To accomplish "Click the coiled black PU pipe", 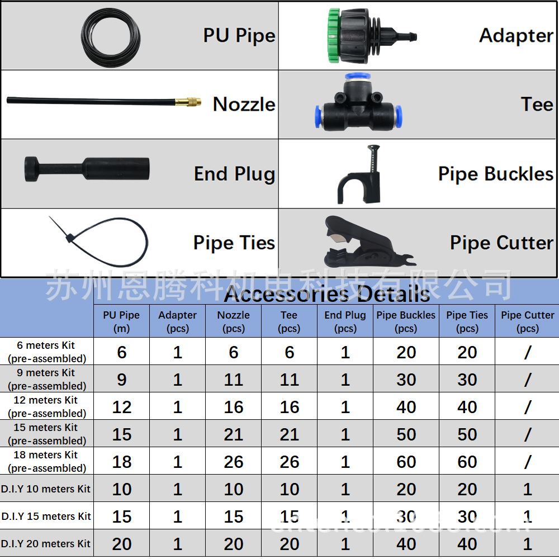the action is [x=110, y=35].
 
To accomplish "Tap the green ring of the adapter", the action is [x=334, y=35].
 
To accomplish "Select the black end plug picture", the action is [x=87, y=169].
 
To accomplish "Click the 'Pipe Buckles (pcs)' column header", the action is [x=406, y=321].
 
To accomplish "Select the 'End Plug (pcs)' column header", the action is [x=345, y=321].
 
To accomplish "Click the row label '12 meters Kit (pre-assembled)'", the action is [x=47, y=406].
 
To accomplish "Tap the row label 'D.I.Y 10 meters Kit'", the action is [x=46, y=489].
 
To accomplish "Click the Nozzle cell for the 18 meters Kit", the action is [x=233, y=462].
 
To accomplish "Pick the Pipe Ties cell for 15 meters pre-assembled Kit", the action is [x=467, y=434].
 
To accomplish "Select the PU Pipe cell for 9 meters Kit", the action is [x=121, y=380].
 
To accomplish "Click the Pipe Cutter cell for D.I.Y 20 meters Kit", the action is [x=527, y=543].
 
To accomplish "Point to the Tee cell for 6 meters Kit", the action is [x=289, y=352].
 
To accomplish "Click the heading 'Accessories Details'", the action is [x=327, y=294].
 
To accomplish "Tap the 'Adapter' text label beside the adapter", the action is [x=515, y=35].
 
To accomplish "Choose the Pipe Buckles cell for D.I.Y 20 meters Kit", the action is [x=406, y=543].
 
